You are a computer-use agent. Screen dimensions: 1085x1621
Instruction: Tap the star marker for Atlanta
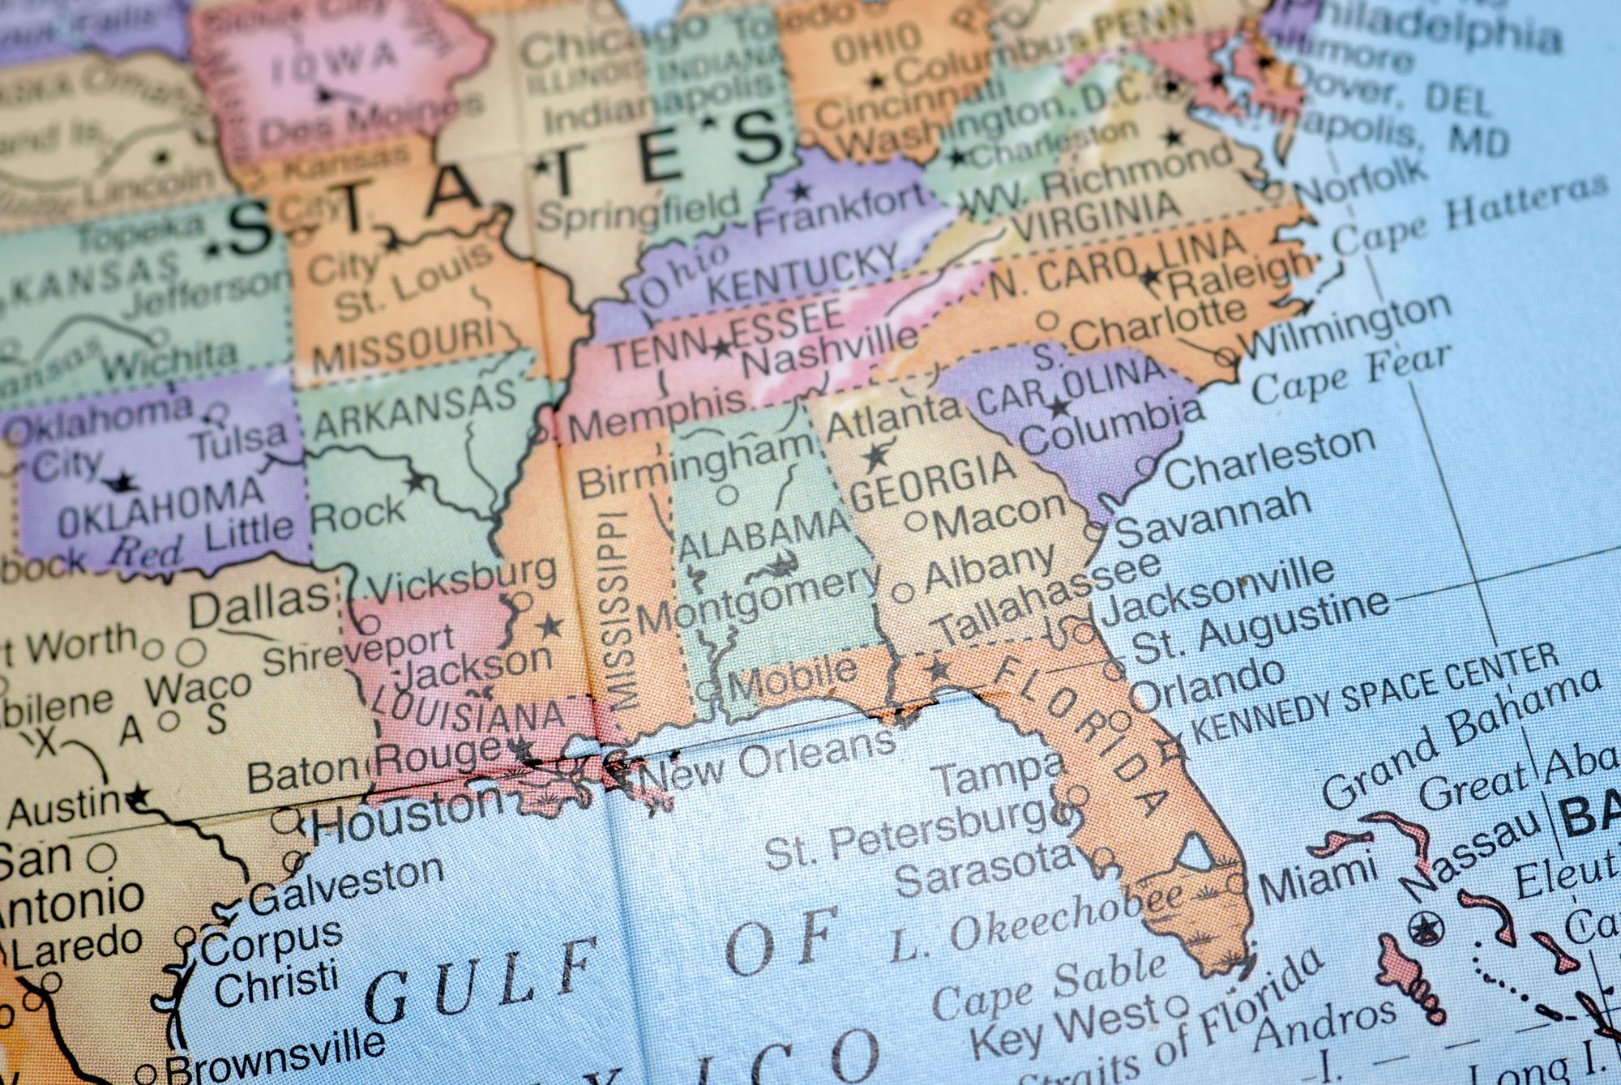pyautogui.click(x=875, y=458)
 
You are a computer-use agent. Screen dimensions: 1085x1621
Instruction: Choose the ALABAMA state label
pyautogui.click(x=763, y=536)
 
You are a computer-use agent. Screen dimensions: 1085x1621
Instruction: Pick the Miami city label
pyautogui.click(x=1316, y=879)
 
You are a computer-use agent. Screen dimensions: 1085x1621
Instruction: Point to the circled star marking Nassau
pyautogui.click(x=1423, y=927)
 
